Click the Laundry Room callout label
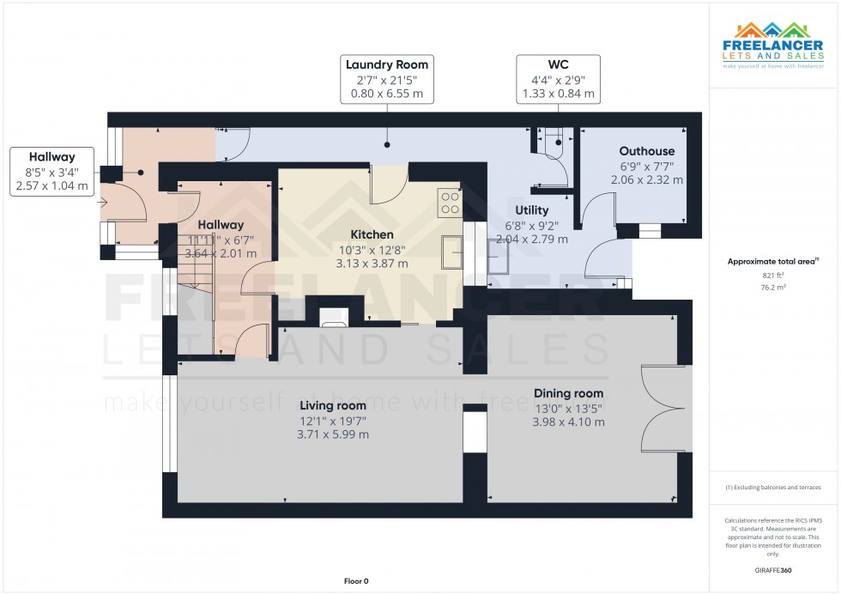coord(386,79)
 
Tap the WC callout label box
coord(558,79)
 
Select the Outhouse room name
coord(647,151)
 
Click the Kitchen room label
coord(372,234)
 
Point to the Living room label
coord(333,405)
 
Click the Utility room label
coord(532,209)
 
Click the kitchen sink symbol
coord(453,255)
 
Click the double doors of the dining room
coord(666,409)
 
